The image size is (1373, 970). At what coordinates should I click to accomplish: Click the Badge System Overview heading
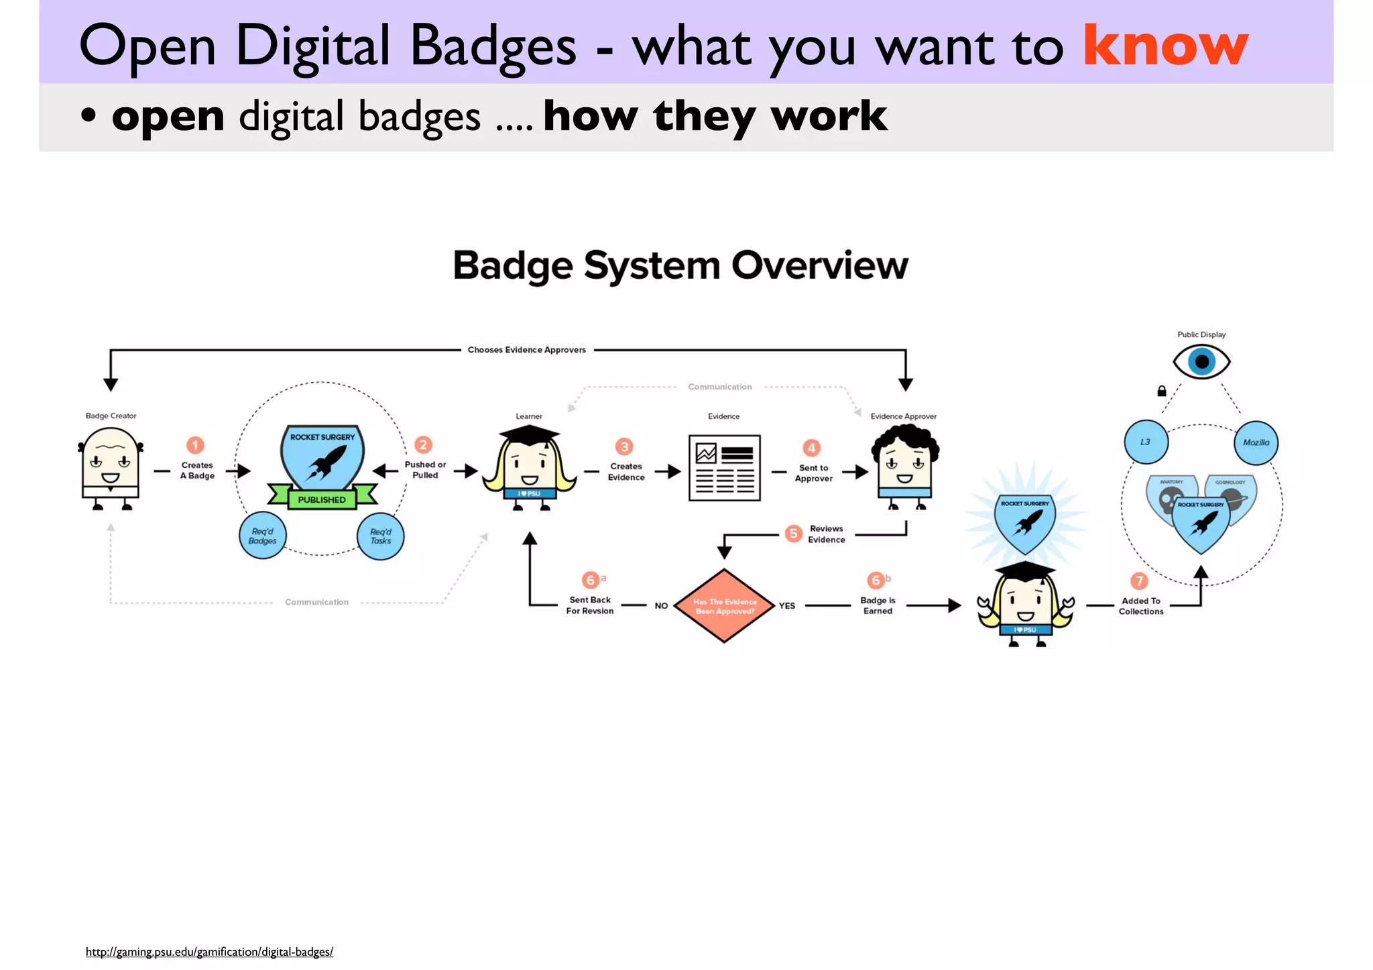(x=680, y=265)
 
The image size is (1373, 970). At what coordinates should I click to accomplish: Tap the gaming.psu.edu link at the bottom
(x=209, y=952)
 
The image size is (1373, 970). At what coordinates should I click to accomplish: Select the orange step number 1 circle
(x=195, y=445)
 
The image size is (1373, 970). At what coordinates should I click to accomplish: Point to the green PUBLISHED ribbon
(x=322, y=499)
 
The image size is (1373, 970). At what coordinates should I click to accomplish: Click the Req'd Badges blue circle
(x=262, y=536)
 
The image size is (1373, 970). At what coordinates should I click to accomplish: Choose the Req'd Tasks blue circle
(x=380, y=536)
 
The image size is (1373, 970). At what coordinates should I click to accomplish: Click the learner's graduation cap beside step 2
(x=529, y=435)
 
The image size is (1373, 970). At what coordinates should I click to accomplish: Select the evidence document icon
(x=724, y=467)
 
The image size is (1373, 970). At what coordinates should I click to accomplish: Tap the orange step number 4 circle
(x=811, y=447)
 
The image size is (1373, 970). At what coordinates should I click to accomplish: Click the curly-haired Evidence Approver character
(x=905, y=466)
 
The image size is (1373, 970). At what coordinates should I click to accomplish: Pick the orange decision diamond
(x=724, y=606)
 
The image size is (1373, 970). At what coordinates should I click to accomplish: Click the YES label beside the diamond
(x=787, y=606)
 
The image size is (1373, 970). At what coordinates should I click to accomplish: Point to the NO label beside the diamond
(x=661, y=606)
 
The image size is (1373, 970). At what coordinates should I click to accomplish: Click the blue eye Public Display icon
(x=1201, y=362)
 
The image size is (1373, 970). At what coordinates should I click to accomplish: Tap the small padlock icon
(x=1162, y=391)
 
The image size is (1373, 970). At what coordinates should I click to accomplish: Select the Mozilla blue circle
(x=1256, y=442)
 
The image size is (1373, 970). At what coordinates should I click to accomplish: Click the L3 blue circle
(x=1146, y=442)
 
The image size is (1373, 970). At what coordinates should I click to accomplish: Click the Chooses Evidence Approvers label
(x=527, y=350)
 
